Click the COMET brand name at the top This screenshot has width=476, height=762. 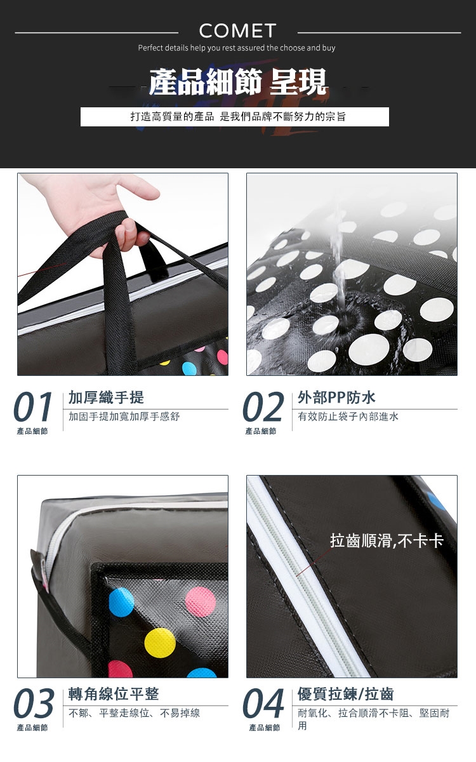237,31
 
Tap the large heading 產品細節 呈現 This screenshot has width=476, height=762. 238,82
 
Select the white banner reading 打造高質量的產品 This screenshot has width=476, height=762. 235,117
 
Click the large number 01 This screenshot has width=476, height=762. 33,406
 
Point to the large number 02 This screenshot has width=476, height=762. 263,406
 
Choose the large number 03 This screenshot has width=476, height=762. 33,703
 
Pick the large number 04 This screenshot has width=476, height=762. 263,703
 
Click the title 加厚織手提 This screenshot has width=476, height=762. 107,398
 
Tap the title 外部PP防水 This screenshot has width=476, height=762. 336,398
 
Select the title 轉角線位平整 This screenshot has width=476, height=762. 114,694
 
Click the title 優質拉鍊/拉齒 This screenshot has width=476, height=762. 345,694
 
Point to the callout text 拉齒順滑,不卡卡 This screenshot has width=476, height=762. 387,540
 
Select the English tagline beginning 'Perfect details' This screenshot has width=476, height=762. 237,48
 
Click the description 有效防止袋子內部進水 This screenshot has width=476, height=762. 348,417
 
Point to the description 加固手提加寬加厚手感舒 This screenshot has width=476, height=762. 124,417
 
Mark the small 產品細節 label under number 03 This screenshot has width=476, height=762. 32,728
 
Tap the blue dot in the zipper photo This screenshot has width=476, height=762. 437,501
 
